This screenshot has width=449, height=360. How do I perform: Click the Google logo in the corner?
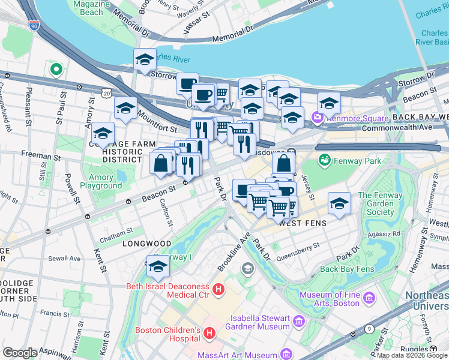pos(20,353)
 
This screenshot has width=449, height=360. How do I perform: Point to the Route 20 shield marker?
pos(107,93)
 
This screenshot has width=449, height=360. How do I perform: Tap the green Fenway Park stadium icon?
pos(324,160)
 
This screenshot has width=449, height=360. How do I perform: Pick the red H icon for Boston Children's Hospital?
pos(209,333)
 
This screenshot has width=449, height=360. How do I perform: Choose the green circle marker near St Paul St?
pos(56,70)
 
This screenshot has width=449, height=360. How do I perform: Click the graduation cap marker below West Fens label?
pos(339,203)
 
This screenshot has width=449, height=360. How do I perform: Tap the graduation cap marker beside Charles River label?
pos(145,59)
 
